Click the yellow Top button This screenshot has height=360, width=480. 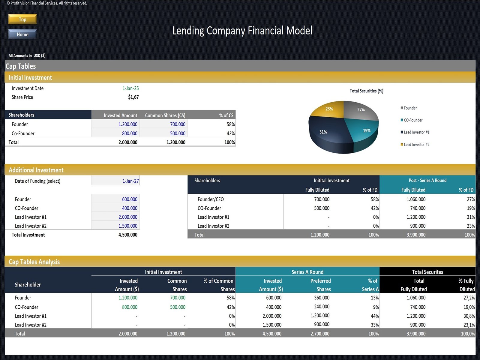[22, 19]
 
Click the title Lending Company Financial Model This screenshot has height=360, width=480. [242, 31]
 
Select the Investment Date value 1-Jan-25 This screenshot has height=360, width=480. [130, 88]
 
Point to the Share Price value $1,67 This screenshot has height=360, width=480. [133, 97]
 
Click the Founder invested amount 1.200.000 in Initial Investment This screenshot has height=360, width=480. [128, 124]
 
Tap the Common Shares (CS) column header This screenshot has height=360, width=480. [165, 115]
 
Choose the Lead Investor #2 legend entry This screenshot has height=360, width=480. [416, 145]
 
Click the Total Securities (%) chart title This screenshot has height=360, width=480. [366, 91]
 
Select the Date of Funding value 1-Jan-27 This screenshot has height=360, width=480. [130, 181]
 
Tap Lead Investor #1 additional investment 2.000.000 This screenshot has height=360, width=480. [128, 217]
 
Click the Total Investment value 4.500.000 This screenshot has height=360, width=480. [128, 235]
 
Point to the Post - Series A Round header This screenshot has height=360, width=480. [427, 180]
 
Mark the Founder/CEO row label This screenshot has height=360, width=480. [211, 199]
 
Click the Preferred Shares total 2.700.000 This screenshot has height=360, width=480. [320, 334]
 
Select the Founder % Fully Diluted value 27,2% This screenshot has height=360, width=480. [469, 298]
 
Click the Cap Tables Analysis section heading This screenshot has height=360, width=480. [34, 262]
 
